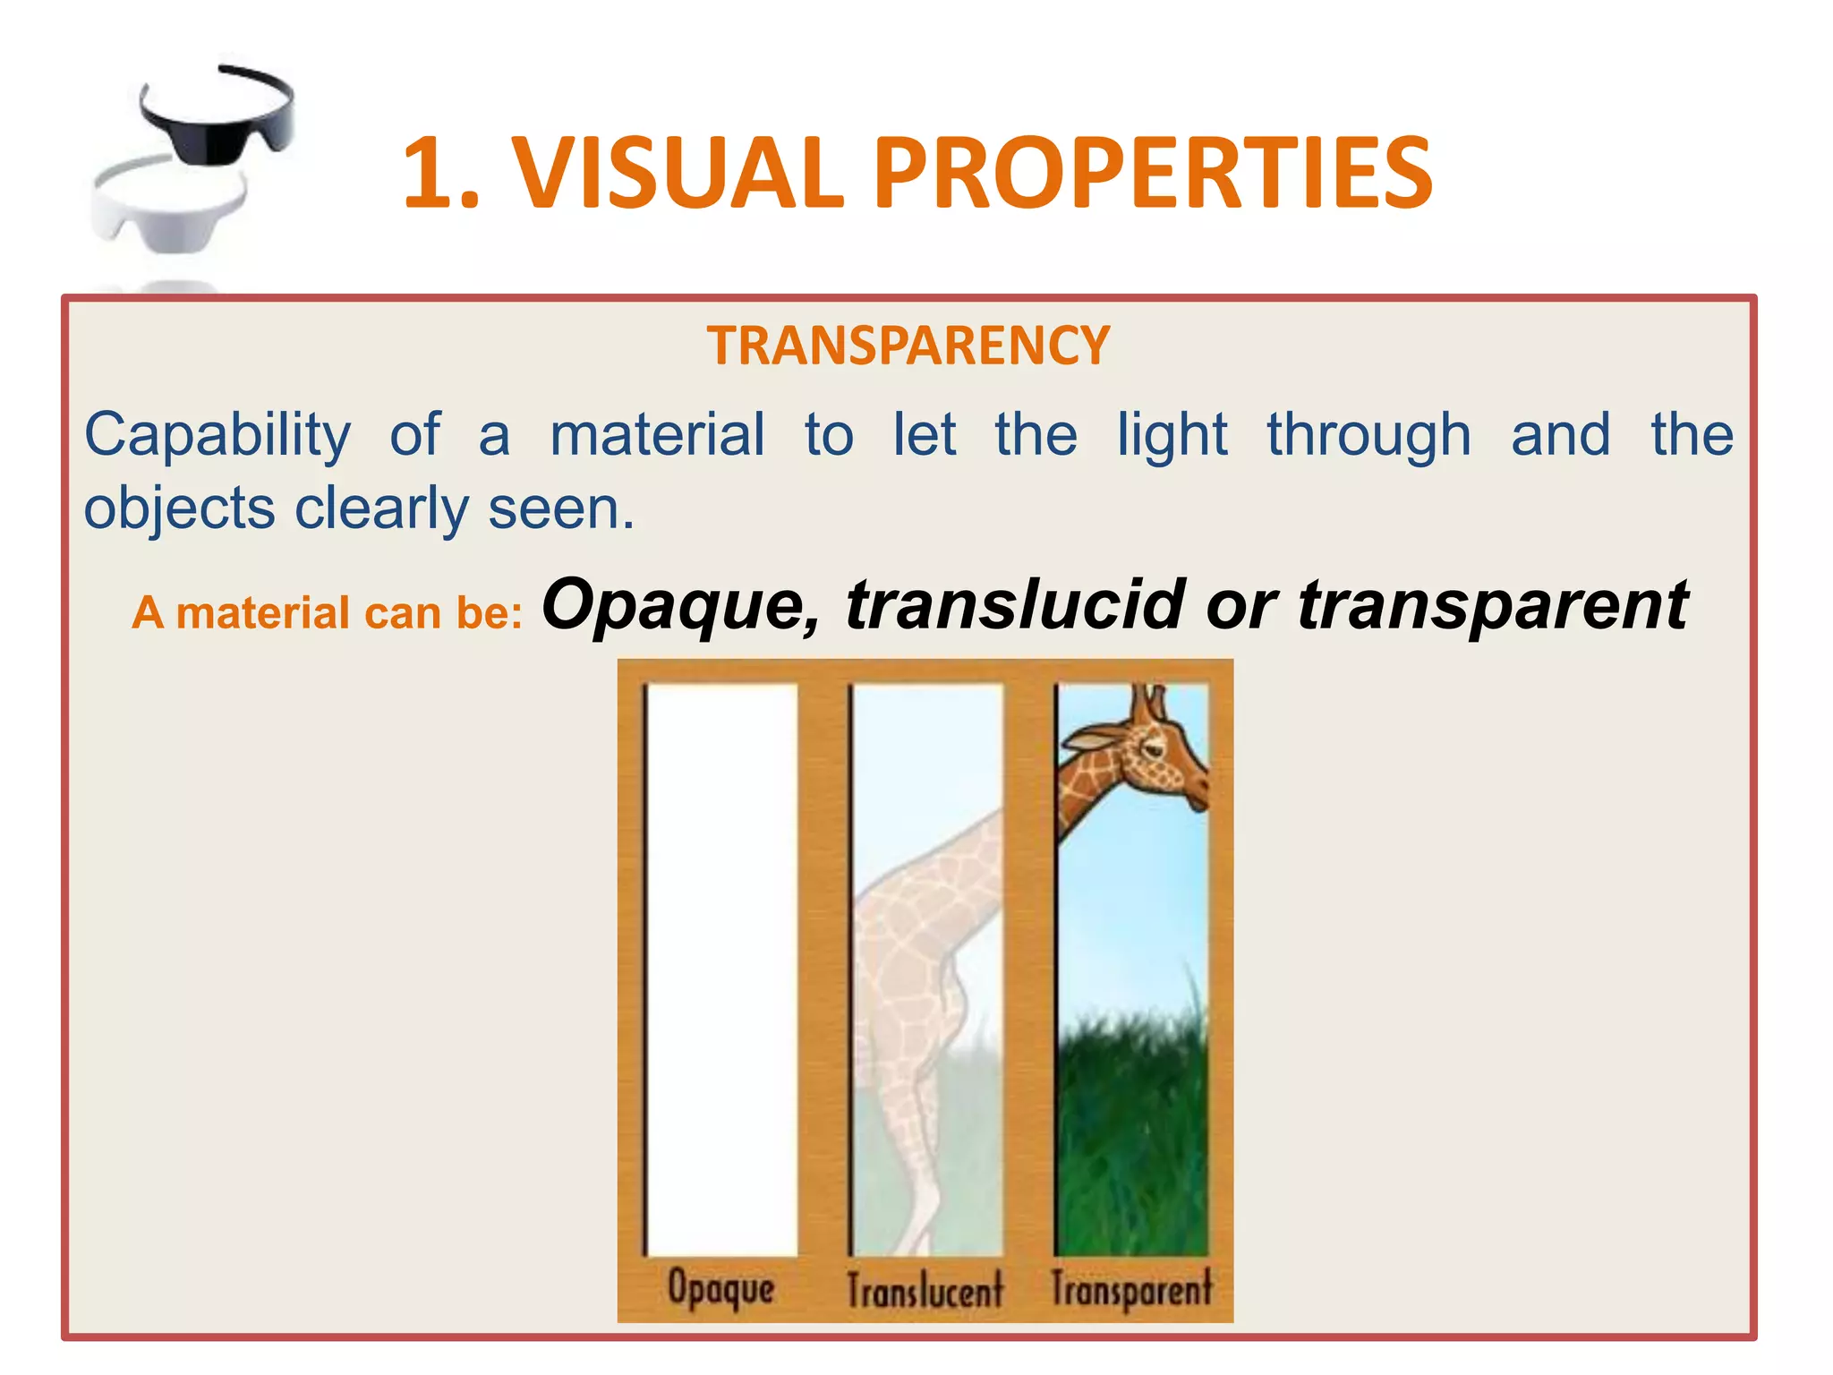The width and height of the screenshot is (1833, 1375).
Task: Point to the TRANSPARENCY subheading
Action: point(908,346)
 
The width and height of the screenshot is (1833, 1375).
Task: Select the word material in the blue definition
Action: point(657,435)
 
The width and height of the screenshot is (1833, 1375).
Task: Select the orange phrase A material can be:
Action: point(327,614)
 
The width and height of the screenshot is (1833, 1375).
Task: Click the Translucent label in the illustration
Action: point(925,1290)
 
